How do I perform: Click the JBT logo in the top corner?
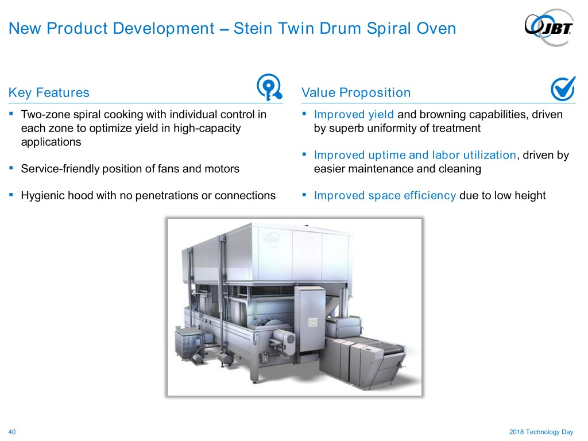click(548, 28)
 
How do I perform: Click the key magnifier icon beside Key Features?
click(269, 87)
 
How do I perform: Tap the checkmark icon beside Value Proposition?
click(563, 88)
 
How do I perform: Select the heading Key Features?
click(49, 92)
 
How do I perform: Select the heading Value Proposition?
click(356, 92)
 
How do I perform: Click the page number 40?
click(12, 432)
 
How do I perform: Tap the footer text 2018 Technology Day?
click(541, 432)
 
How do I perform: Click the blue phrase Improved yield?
click(354, 114)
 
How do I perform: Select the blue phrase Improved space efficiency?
click(385, 195)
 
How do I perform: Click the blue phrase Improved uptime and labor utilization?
click(415, 155)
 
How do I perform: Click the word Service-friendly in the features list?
click(60, 169)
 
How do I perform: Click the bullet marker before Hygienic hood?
click(11, 195)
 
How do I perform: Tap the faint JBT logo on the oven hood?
click(271, 238)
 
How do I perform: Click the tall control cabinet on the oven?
click(310, 319)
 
